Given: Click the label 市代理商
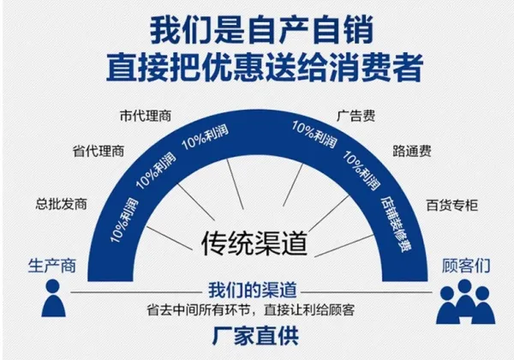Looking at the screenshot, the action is (x=146, y=116).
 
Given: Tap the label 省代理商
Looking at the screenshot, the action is (x=99, y=151).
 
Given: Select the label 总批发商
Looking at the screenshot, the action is (x=62, y=204).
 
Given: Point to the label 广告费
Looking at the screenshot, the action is (x=356, y=116).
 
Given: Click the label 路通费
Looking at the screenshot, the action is (x=412, y=151).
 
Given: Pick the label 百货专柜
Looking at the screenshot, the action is (x=452, y=206).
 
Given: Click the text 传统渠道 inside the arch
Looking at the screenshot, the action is (x=254, y=243).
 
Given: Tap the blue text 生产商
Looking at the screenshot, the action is (x=52, y=266).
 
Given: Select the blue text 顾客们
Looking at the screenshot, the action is (x=466, y=266).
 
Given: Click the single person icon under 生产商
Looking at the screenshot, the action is (x=53, y=298).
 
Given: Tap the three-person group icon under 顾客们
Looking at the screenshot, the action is (x=465, y=302).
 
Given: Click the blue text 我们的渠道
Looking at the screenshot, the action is (x=253, y=291).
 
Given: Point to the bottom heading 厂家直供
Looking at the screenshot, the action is (x=255, y=336).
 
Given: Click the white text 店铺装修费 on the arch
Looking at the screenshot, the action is (x=396, y=225).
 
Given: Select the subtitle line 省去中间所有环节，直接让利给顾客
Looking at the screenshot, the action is (x=251, y=310).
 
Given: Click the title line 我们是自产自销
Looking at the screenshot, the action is (x=261, y=30).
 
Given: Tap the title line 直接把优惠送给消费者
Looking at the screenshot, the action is (x=265, y=68).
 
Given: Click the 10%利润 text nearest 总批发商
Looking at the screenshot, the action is (x=124, y=220).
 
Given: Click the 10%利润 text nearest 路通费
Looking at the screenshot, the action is (x=362, y=171).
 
